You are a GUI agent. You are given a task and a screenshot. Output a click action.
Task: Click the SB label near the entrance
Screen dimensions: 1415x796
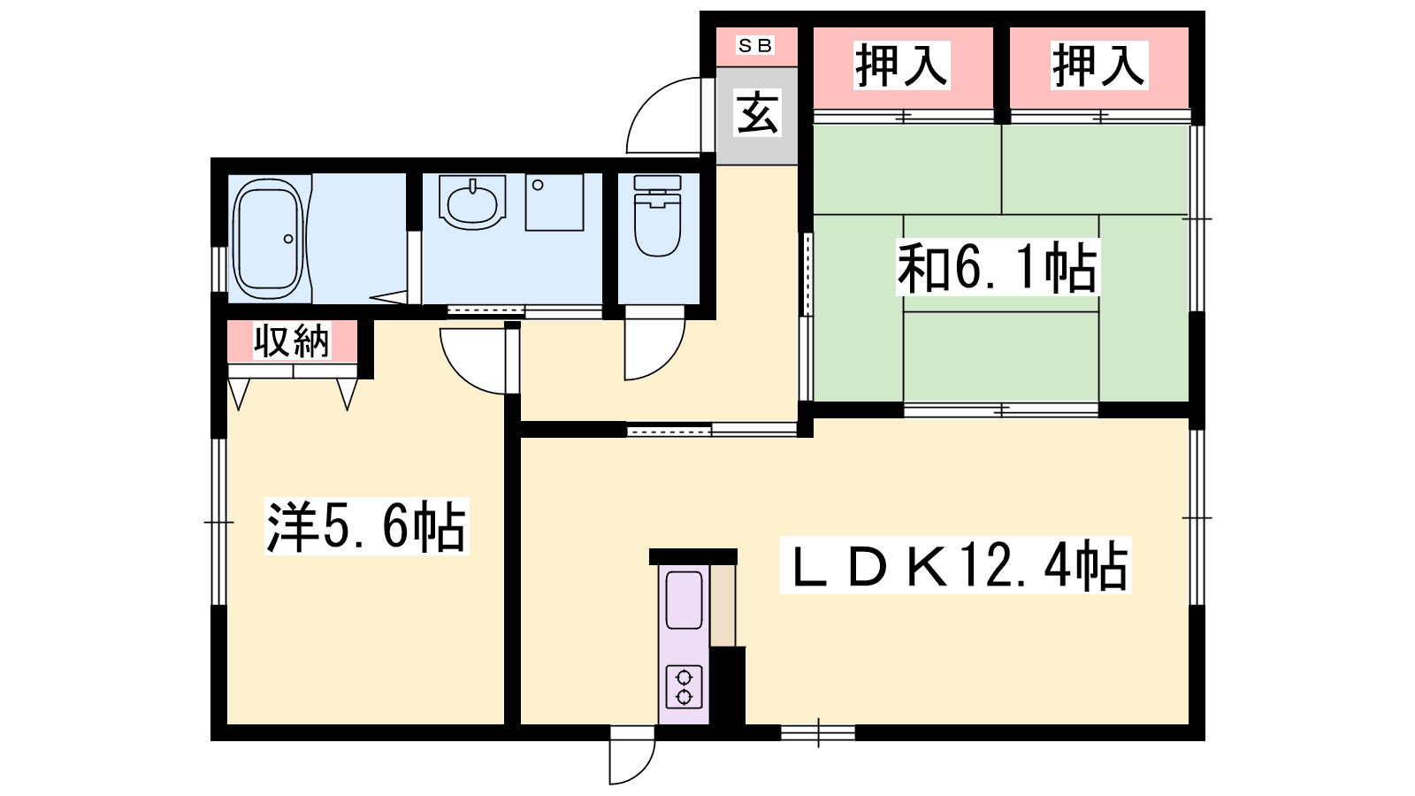pos(755,45)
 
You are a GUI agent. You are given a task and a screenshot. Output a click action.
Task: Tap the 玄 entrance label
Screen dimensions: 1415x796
pos(757,112)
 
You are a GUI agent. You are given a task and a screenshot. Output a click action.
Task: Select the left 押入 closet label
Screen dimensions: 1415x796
pos(902,65)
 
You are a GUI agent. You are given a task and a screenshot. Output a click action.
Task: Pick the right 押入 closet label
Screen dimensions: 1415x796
pos(1099,65)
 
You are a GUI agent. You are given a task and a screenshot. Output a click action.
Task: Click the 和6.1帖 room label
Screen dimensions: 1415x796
pos(998,267)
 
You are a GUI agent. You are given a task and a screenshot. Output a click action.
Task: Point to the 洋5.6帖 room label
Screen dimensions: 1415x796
pos(366,526)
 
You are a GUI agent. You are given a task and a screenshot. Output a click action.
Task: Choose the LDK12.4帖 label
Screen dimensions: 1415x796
pos(955,565)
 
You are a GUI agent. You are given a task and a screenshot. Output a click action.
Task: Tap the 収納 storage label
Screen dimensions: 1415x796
pos(292,341)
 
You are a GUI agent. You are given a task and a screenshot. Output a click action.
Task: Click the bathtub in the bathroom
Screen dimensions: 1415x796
pos(269,239)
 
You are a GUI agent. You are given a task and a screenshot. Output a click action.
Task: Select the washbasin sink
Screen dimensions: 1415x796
pos(472,203)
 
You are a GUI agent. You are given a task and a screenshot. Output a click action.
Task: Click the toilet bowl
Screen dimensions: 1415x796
pos(658,225)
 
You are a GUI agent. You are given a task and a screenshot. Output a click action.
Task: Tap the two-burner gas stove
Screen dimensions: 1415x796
pos(685,686)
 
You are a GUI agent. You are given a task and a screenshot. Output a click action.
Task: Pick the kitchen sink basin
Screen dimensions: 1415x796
pos(685,601)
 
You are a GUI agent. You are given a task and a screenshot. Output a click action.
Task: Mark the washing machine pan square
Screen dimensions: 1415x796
pos(554,203)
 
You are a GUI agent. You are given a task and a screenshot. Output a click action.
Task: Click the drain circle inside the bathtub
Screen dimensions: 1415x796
pos(288,239)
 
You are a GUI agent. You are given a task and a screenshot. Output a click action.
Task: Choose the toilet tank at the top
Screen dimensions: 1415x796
pos(658,182)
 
